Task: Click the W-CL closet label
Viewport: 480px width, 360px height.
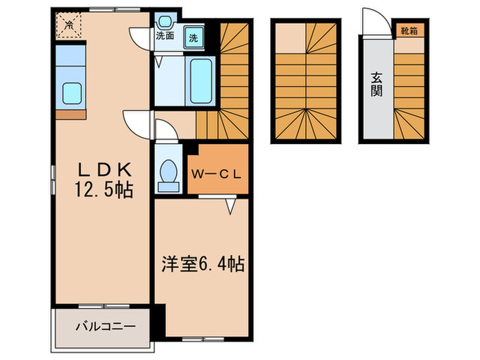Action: tap(216, 173)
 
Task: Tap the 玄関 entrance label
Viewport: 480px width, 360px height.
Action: tap(376, 84)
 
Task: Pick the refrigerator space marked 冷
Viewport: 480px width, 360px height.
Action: tap(69, 25)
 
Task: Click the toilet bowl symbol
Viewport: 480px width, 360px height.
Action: tap(167, 174)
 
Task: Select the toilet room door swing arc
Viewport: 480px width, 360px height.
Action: tap(165, 130)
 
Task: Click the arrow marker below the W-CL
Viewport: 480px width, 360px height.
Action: tap(231, 204)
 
